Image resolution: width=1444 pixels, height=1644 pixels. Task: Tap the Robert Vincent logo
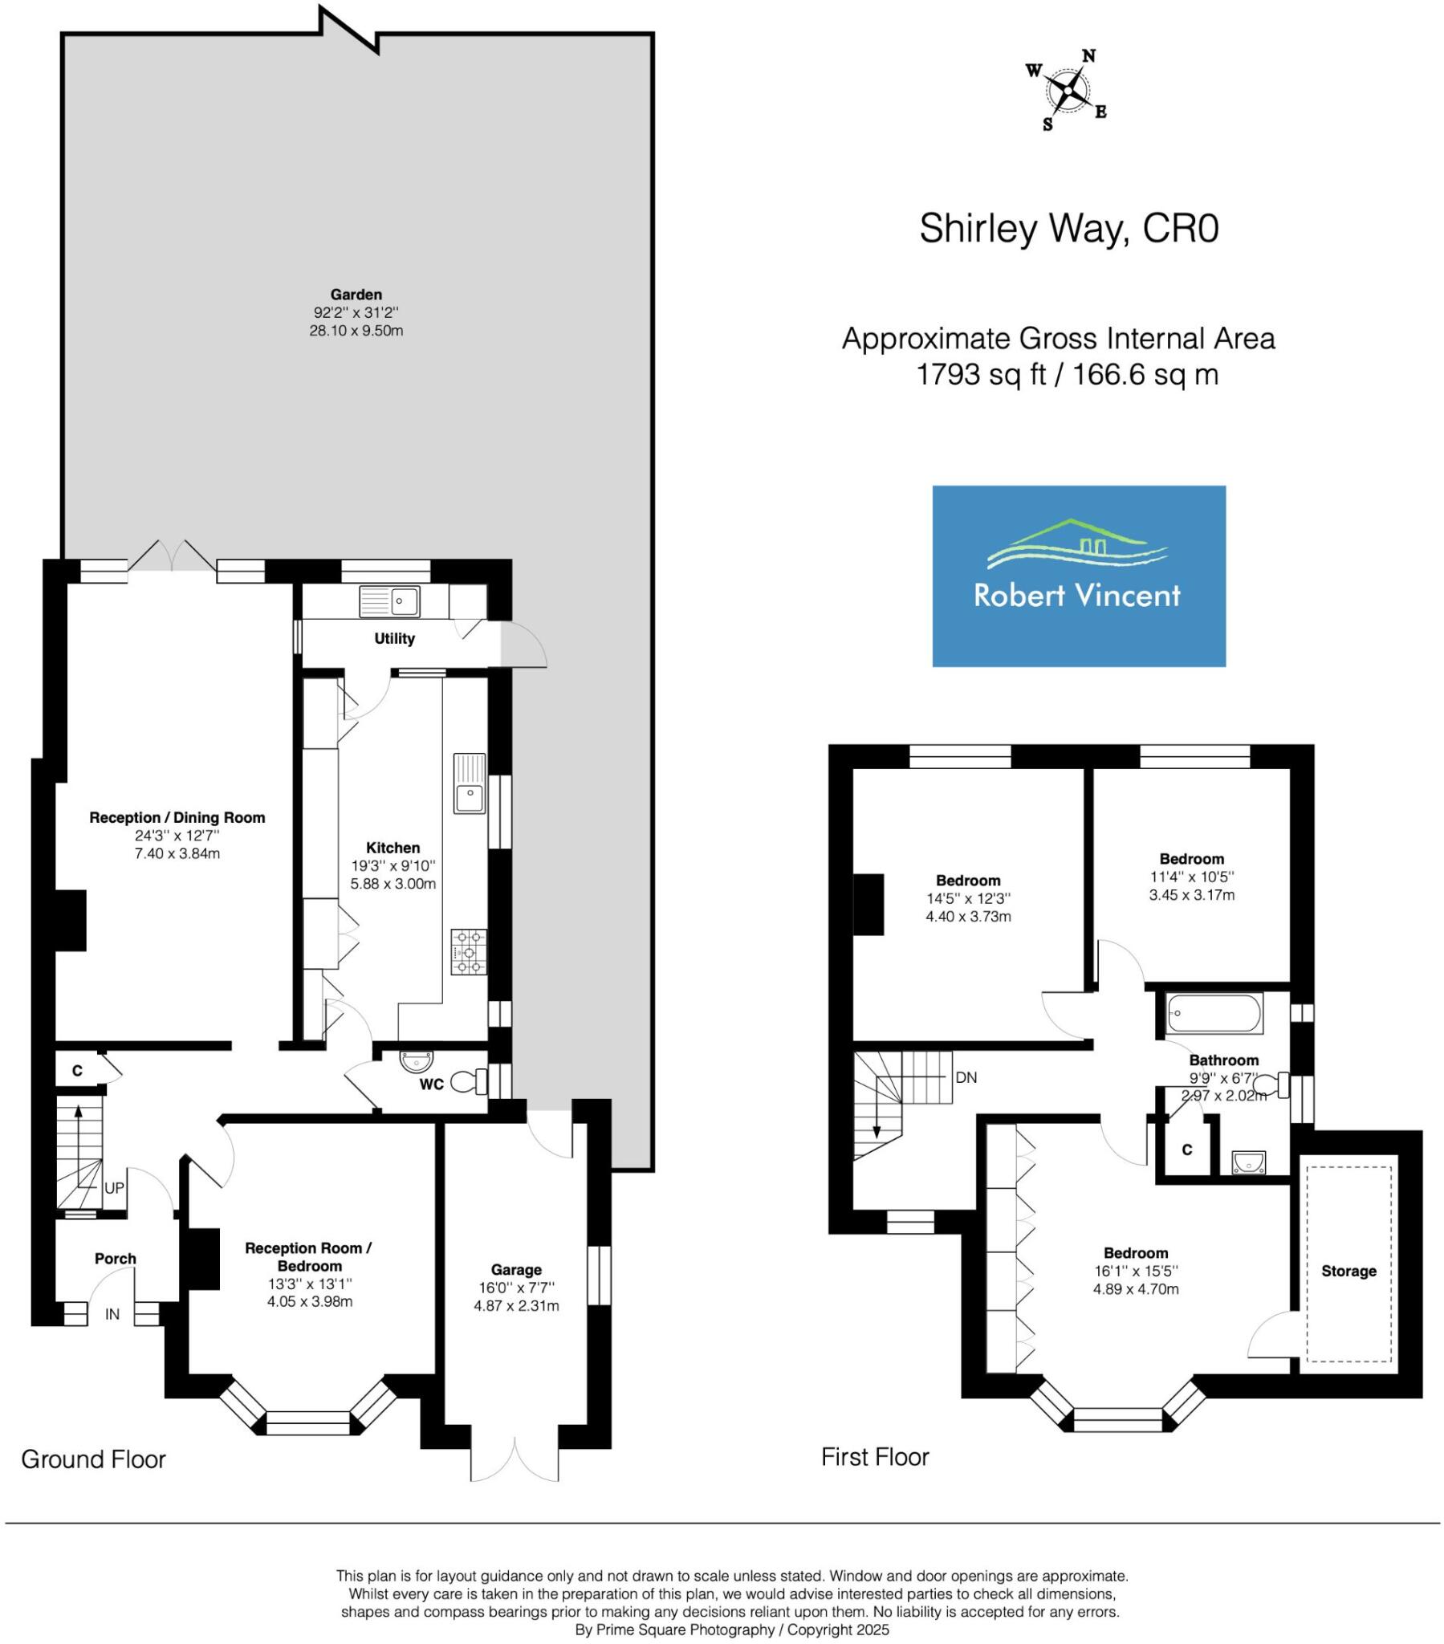[1078, 576]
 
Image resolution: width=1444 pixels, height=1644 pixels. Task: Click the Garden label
[356, 295]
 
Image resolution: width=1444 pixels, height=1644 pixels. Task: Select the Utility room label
[394, 639]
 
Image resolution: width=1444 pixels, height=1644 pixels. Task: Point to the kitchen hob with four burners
[469, 951]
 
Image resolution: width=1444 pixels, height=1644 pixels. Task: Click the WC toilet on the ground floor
[467, 1082]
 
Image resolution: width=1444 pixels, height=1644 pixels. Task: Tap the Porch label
[115, 1259]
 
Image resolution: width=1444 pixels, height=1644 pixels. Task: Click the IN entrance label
[112, 1314]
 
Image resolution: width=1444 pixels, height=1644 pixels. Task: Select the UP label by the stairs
[114, 1188]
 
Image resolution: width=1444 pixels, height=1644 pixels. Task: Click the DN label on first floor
[966, 1077]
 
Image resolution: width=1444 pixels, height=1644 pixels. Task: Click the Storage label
[1348, 1271]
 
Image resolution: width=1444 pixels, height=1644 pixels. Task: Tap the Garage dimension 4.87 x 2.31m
[515, 1305]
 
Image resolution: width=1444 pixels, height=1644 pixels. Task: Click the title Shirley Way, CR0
[1068, 229]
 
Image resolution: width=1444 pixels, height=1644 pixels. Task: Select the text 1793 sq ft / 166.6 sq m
[1067, 374]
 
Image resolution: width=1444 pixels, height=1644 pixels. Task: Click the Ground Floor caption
[93, 1459]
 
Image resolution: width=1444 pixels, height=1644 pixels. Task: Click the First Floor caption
[874, 1456]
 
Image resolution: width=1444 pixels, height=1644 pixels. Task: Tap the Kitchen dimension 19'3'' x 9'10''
[393, 865]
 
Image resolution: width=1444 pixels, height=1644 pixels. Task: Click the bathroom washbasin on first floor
[1247, 1162]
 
